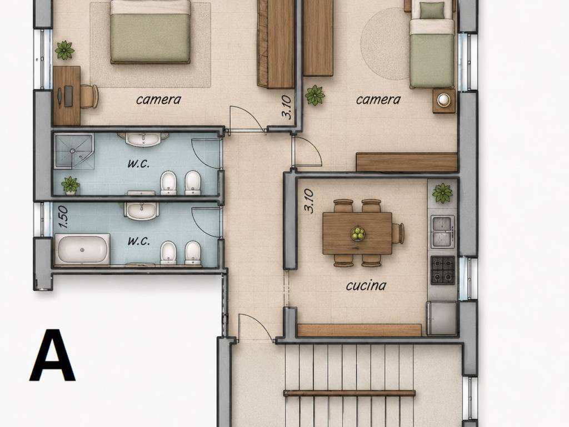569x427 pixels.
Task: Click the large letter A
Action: [53, 355]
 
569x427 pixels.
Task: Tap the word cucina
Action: [366, 285]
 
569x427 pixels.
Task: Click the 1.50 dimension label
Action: [63, 217]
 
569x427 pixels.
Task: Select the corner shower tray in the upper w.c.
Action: [74, 151]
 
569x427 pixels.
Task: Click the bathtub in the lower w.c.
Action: [82, 249]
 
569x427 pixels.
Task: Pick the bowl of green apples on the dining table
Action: [358, 234]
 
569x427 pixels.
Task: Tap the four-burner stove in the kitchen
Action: [443, 270]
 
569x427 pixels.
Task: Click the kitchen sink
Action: [442, 232]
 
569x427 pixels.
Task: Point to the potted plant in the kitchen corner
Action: [442, 193]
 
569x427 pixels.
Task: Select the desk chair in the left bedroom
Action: [89, 96]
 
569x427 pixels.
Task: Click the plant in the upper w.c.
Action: [71, 185]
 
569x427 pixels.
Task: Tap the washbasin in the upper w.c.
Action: [143, 140]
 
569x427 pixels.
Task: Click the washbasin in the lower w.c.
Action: [142, 211]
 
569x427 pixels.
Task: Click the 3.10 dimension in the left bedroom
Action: [286, 107]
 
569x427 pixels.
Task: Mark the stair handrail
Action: [350, 393]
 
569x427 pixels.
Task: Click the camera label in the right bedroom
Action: [378, 100]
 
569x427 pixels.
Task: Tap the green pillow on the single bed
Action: [432, 11]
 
